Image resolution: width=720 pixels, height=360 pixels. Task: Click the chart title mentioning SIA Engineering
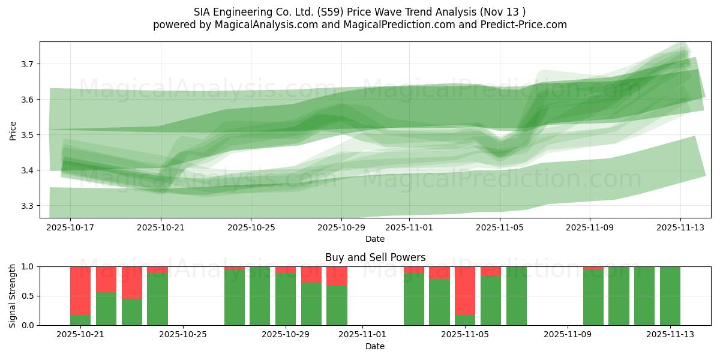coord(359,12)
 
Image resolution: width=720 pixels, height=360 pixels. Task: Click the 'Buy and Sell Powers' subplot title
coord(375,257)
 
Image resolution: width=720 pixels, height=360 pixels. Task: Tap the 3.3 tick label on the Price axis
coord(28,206)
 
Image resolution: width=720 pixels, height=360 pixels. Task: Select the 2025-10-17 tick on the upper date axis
coord(70,227)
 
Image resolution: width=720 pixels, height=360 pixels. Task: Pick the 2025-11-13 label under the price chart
coord(680,227)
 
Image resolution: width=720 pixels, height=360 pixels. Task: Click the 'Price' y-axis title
coord(13,130)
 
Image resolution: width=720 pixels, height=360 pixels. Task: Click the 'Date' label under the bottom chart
coord(375,346)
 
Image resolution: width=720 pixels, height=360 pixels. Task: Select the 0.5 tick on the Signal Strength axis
coord(28,296)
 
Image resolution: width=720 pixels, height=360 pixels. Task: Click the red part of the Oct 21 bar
coord(80,290)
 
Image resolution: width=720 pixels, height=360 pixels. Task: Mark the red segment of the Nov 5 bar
coord(465,290)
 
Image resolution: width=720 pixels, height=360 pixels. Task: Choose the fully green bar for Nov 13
coord(670,296)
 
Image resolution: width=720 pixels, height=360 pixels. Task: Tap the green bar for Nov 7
coord(516,296)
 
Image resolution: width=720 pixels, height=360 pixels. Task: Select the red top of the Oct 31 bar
coord(337,275)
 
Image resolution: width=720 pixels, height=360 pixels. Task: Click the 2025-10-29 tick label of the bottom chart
coord(286,335)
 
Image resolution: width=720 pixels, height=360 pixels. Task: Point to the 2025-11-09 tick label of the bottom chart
coord(567,335)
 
